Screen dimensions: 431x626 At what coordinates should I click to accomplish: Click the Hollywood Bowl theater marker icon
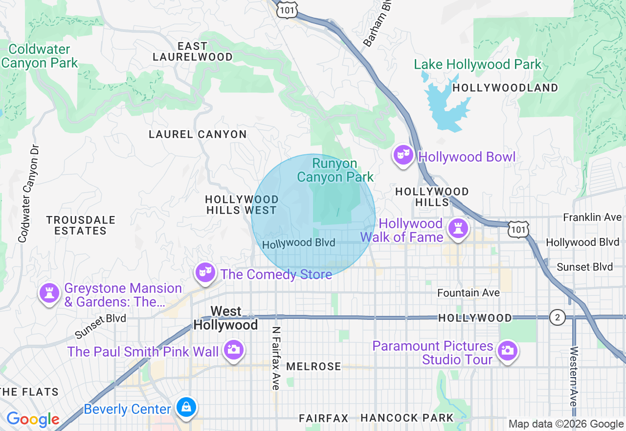403,155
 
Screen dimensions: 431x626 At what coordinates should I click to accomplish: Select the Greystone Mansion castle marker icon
49,293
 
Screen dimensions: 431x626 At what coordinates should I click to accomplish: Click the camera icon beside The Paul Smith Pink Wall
234,350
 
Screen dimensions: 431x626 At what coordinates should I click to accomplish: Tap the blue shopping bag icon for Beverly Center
186,407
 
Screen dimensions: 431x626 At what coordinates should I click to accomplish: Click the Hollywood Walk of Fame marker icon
458,228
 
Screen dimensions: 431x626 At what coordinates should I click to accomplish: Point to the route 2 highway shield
557,317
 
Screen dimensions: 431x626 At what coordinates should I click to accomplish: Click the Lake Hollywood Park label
477,64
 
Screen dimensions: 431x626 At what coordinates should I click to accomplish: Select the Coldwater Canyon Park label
39,56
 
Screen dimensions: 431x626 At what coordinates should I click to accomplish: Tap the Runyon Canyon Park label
335,170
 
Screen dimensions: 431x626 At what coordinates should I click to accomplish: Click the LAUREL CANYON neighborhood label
198,134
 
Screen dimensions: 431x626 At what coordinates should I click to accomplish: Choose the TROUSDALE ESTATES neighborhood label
81,225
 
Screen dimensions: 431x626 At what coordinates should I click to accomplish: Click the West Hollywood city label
226,318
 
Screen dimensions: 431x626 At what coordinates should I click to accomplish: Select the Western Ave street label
574,376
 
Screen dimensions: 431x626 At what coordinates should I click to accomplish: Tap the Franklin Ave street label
592,217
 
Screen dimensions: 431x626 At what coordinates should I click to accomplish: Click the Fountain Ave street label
468,293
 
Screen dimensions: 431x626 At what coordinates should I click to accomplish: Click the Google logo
33,419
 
